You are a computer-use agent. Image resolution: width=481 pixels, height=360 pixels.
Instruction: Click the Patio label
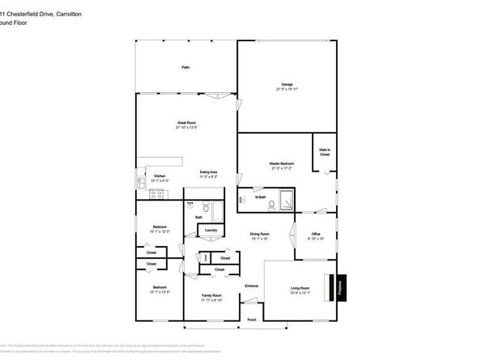coord(186,68)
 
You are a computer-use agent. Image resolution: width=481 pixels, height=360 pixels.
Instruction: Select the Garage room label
coord(287,84)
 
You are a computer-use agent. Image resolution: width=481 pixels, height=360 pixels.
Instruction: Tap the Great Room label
coord(187,123)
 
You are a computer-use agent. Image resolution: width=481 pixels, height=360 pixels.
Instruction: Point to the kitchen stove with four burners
coord(158,193)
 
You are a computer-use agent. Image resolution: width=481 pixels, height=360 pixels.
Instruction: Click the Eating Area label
coord(210,172)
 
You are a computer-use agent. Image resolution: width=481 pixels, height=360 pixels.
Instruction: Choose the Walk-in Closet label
coord(324,151)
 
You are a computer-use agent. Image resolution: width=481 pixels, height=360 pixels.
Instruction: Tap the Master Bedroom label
coord(281,163)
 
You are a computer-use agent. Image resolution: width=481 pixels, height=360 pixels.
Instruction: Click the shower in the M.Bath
coord(286,198)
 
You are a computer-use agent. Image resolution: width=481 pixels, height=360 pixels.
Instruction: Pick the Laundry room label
coord(211,230)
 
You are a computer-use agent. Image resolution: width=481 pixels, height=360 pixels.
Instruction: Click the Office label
coord(316,235)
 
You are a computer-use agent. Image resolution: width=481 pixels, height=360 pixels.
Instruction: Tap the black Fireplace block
coord(340,287)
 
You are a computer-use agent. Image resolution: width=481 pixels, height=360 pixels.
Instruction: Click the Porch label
coord(252,319)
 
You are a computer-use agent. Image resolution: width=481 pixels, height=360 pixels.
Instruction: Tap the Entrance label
coord(252,286)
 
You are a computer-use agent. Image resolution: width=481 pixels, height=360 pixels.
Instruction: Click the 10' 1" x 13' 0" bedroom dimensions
coord(160,292)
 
